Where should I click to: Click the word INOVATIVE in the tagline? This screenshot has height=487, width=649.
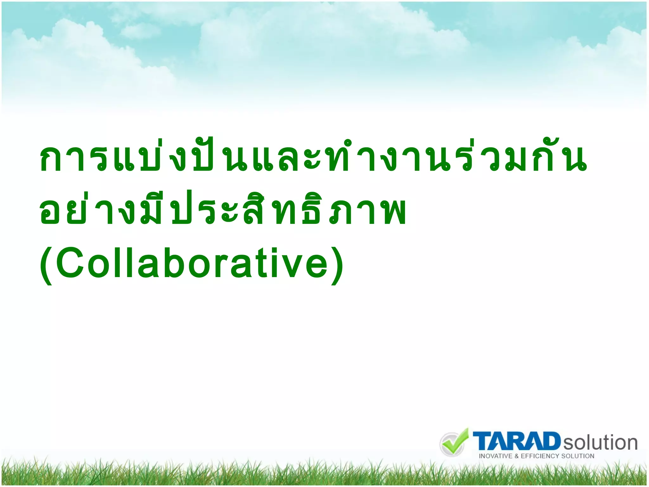(x=495, y=456)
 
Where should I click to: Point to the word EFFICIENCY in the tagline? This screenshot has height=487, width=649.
(x=540, y=456)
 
